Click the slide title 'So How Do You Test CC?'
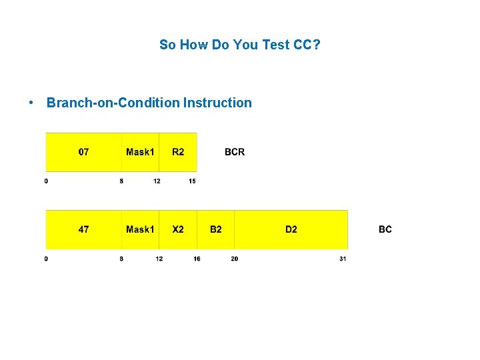coord(240,45)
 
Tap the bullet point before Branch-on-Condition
coord(31,103)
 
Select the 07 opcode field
coord(84,152)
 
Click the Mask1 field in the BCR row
coord(140,152)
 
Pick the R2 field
coord(178,152)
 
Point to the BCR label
coord(235,152)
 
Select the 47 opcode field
coord(84,229)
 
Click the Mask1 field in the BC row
coord(140,229)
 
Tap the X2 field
coord(178,229)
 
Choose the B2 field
coord(216,229)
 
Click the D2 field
coord(291,229)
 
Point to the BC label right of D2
coord(385,229)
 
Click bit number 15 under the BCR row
coord(192,181)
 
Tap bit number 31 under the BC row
coord(343,259)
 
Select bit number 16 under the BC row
coord(197,259)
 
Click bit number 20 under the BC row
coord(234,259)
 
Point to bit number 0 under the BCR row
coord(46,181)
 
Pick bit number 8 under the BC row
coord(121,259)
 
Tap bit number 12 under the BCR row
coord(157,181)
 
